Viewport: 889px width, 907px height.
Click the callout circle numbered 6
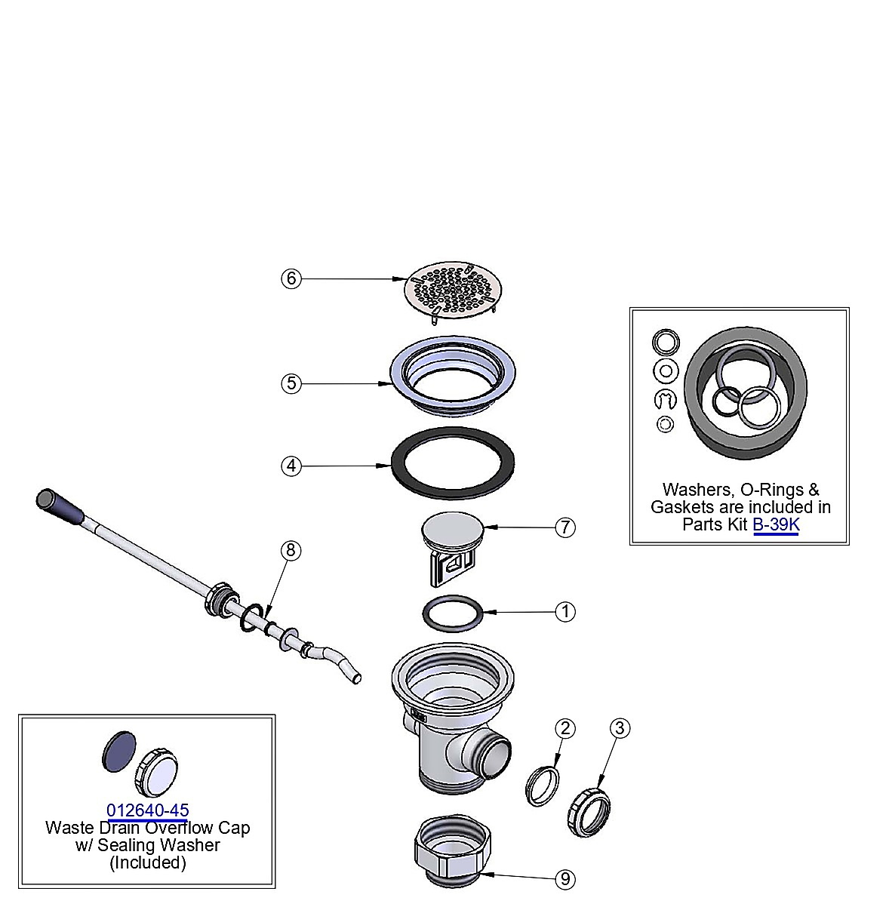pos(291,278)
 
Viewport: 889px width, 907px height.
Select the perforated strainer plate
pos(454,291)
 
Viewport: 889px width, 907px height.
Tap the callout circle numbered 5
pos(291,383)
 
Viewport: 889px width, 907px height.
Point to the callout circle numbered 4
pos(291,466)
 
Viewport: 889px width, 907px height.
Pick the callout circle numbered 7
pos(565,527)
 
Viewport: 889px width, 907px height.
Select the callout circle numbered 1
pos(565,612)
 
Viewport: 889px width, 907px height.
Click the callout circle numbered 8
pos(291,550)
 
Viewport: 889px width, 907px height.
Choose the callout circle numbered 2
pos(565,728)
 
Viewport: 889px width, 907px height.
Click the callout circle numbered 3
pos(620,727)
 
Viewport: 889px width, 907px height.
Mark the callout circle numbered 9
pos(565,879)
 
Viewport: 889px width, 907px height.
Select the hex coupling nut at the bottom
pos(453,850)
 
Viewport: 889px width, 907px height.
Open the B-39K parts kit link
pos(776,524)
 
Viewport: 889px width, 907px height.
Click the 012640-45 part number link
pos(148,810)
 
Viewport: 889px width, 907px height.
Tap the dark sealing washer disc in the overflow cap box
pos(119,752)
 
